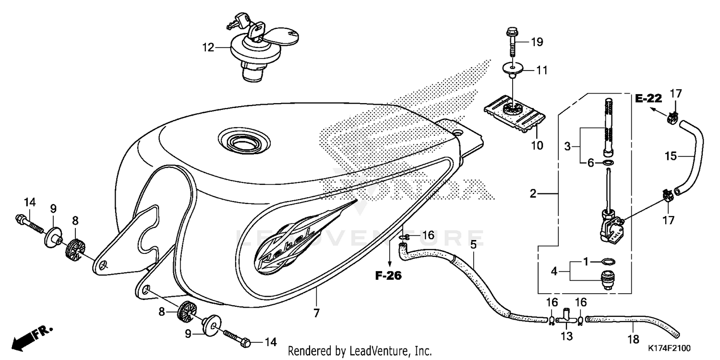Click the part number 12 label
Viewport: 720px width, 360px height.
(x=207, y=48)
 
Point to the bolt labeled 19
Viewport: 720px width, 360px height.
(x=512, y=48)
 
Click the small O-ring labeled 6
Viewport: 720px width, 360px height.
(x=607, y=164)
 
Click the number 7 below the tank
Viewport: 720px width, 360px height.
(x=316, y=313)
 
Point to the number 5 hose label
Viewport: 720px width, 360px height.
(x=473, y=244)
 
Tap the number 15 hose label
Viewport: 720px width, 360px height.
(x=671, y=156)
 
